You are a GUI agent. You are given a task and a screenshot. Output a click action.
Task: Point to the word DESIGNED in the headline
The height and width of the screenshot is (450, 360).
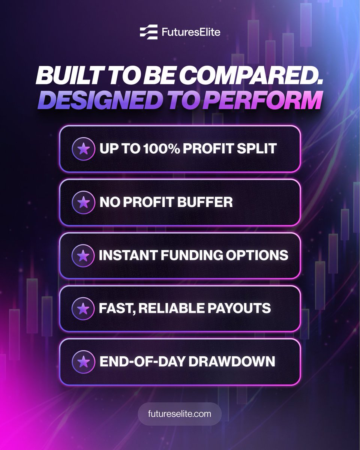point(94,101)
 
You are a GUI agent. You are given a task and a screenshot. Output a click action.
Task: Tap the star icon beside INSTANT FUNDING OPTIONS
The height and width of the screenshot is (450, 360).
point(84,256)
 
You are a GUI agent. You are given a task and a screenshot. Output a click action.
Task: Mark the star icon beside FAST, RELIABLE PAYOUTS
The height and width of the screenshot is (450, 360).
point(84,309)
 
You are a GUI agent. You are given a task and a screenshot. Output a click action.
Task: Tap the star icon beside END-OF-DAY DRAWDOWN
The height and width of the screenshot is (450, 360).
point(84,361)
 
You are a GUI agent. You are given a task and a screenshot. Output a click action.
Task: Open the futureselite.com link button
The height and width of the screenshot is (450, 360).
point(180,414)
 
